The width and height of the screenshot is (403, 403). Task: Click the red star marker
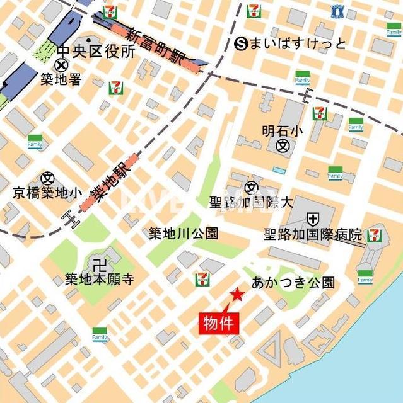click(x=237, y=294)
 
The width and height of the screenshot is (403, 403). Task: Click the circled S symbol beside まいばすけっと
click(x=240, y=43)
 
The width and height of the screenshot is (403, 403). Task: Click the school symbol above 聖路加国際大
click(x=252, y=186)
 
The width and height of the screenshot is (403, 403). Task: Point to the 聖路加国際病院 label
click(x=313, y=235)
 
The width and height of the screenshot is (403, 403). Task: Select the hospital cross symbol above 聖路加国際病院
click(x=312, y=219)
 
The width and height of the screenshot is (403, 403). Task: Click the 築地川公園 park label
click(x=184, y=234)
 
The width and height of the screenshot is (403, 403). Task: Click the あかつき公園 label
click(x=293, y=282)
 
